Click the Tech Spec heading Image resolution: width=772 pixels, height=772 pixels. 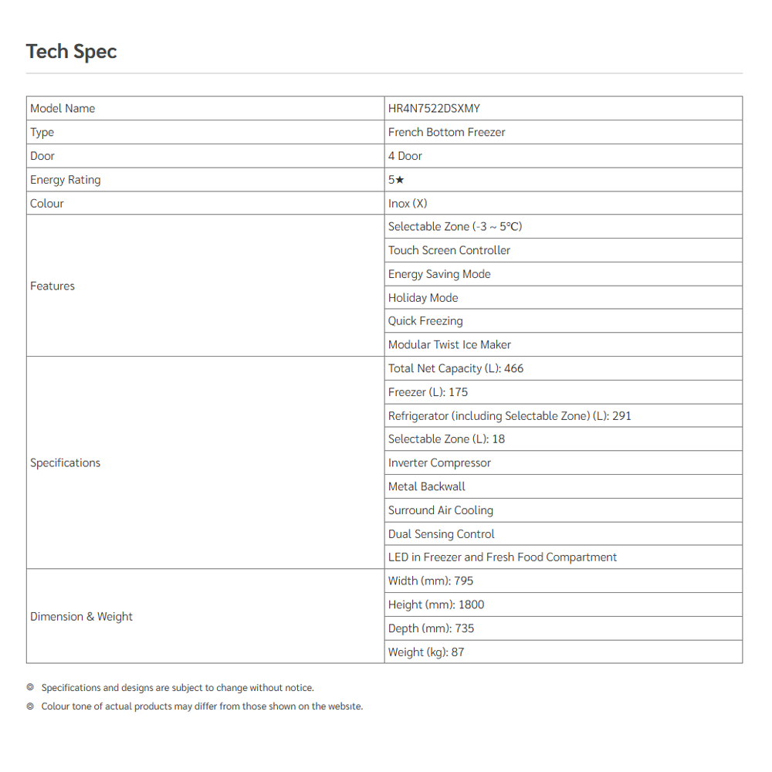pyautogui.click(x=71, y=52)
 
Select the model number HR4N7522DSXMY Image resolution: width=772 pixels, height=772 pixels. pyautogui.click(x=434, y=108)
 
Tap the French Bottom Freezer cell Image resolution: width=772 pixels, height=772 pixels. pyautogui.click(x=446, y=132)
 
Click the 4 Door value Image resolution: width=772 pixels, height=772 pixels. pyautogui.click(x=405, y=156)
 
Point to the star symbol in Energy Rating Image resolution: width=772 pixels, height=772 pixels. pyautogui.click(x=400, y=180)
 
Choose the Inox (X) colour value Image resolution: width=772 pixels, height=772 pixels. pyautogui.click(x=408, y=204)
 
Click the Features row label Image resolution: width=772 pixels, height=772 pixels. pyautogui.click(x=52, y=286)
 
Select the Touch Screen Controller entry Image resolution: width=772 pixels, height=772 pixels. pyautogui.click(x=449, y=250)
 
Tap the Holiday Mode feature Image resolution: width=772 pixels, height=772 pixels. pyautogui.click(x=423, y=298)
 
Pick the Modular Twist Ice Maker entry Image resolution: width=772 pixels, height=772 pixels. pyautogui.click(x=449, y=345)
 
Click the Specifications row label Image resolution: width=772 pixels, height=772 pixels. pyautogui.click(x=65, y=463)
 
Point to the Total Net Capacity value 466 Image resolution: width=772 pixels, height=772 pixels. pyautogui.click(x=513, y=369)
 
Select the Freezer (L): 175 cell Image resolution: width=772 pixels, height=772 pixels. pyautogui.click(x=428, y=392)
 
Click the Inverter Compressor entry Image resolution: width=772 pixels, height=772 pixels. pyautogui.click(x=439, y=463)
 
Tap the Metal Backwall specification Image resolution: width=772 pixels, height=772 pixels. pyautogui.click(x=427, y=486)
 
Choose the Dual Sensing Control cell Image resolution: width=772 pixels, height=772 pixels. pyautogui.click(x=441, y=534)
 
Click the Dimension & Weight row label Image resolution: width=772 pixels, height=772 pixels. pyautogui.click(x=81, y=617)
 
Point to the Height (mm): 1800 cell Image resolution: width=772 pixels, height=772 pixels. pyautogui.click(x=436, y=605)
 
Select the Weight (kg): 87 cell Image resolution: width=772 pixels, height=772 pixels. pyautogui.click(x=426, y=652)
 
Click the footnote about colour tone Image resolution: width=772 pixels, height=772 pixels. pyautogui.click(x=201, y=706)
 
